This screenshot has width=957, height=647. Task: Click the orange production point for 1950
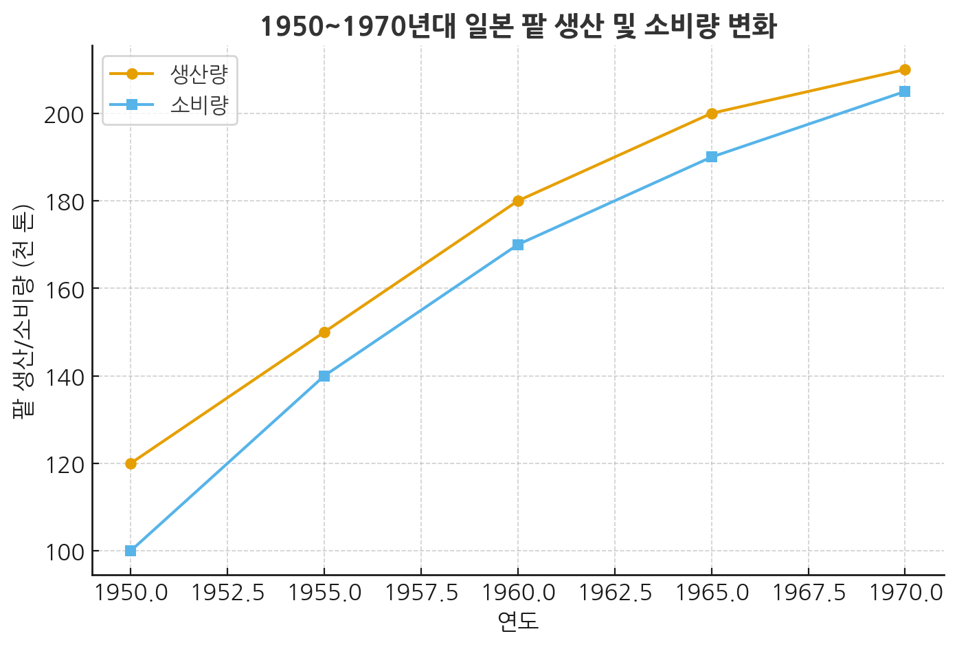click(131, 463)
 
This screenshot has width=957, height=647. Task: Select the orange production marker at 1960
click(518, 201)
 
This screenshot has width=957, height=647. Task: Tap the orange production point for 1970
click(905, 69)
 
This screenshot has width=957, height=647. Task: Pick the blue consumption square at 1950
click(131, 551)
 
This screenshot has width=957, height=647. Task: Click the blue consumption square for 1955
click(324, 376)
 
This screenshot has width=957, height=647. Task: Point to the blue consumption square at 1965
click(711, 157)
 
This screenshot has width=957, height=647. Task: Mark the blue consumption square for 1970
click(905, 91)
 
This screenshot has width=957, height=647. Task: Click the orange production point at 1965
click(711, 113)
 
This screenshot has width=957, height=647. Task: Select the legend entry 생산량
click(199, 74)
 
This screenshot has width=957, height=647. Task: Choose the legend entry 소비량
click(199, 105)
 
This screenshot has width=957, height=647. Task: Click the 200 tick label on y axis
click(63, 114)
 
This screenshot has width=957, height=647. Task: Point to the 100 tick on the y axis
click(63, 551)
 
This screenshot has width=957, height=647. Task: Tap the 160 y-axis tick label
click(63, 289)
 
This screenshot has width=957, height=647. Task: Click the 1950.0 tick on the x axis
click(131, 593)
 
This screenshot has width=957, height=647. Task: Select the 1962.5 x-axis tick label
click(614, 593)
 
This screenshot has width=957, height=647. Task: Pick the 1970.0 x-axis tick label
click(905, 593)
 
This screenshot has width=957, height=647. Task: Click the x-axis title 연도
click(518, 622)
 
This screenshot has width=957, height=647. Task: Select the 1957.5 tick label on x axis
click(420, 593)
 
